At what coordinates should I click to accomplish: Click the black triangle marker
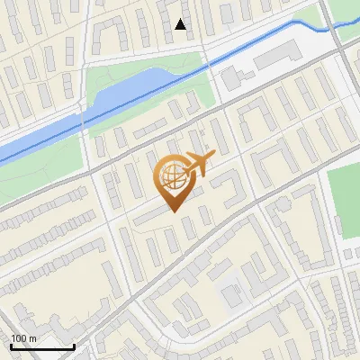(181, 25)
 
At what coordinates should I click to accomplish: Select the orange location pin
(172, 180)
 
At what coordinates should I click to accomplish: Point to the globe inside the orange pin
(171, 175)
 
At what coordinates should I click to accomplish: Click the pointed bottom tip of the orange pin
(173, 211)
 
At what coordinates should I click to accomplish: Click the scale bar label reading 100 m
(23, 338)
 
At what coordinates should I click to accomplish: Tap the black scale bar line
(42, 346)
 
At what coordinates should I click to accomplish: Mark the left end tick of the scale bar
(11, 344)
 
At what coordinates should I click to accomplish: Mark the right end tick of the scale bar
(74, 344)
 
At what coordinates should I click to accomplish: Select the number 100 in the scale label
(19, 338)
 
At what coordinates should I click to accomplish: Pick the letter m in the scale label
(32, 338)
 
